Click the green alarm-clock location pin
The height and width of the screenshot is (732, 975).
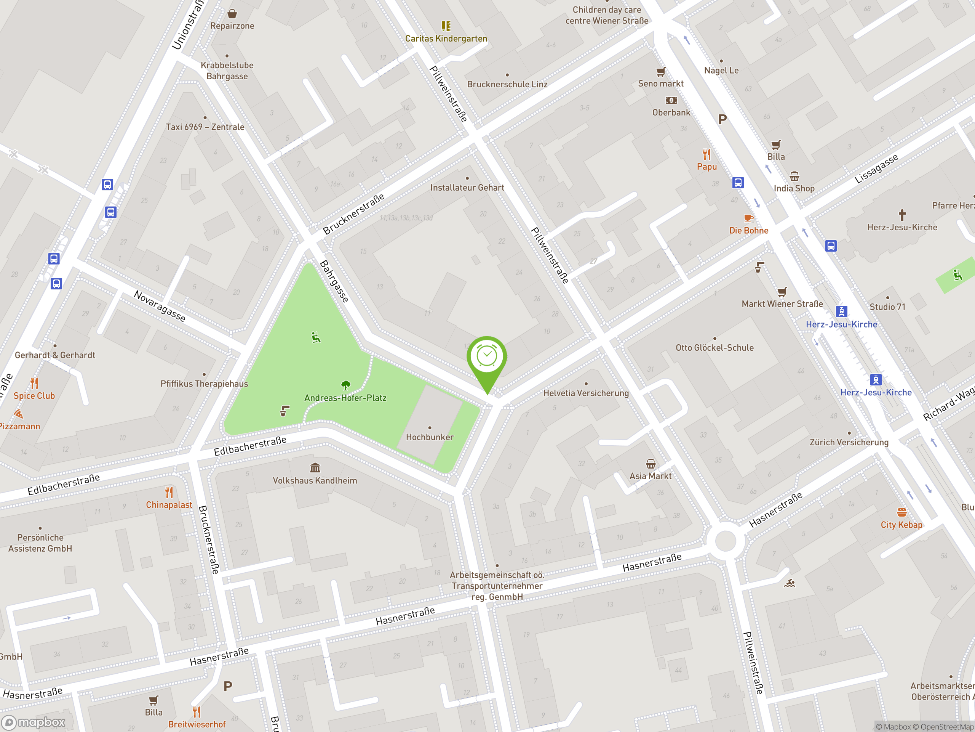pyautogui.click(x=487, y=357)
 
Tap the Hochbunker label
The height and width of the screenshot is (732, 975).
pyautogui.click(x=429, y=437)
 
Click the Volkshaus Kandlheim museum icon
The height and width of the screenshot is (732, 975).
pyautogui.click(x=315, y=468)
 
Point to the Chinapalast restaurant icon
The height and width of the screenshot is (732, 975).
pyautogui.click(x=169, y=492)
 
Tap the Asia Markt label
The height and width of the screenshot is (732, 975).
pyautogui.click(x=650, y=476)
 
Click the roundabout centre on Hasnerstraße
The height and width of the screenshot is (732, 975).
pyautogui.click(x=725, y=541)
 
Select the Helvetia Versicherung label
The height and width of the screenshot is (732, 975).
pyautogui.click(x=585, y=393)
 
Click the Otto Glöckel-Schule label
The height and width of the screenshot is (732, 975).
pyautogui.click(x=714, y=348)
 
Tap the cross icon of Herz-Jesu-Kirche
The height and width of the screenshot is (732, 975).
pyautogui.click(x=902, y=215)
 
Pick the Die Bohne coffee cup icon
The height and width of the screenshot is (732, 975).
pyautogui.click(x=748, y=218)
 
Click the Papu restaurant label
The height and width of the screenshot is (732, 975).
pyautogui.click(x=706, y=167)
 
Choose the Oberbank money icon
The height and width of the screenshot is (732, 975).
pyautogui.click(x=671, y=101)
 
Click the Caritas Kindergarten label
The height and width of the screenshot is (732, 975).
pyautogui.click(x=446, y=39)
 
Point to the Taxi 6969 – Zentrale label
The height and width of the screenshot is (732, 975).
pyautogui.click(x=205, y=127)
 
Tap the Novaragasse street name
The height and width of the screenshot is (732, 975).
pyautogui.click(x=160, y=306)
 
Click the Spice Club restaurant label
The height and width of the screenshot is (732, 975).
pyautogui.click(x=34, y=396)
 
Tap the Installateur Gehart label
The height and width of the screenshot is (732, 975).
pyautogui.click(x=467, y=188)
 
